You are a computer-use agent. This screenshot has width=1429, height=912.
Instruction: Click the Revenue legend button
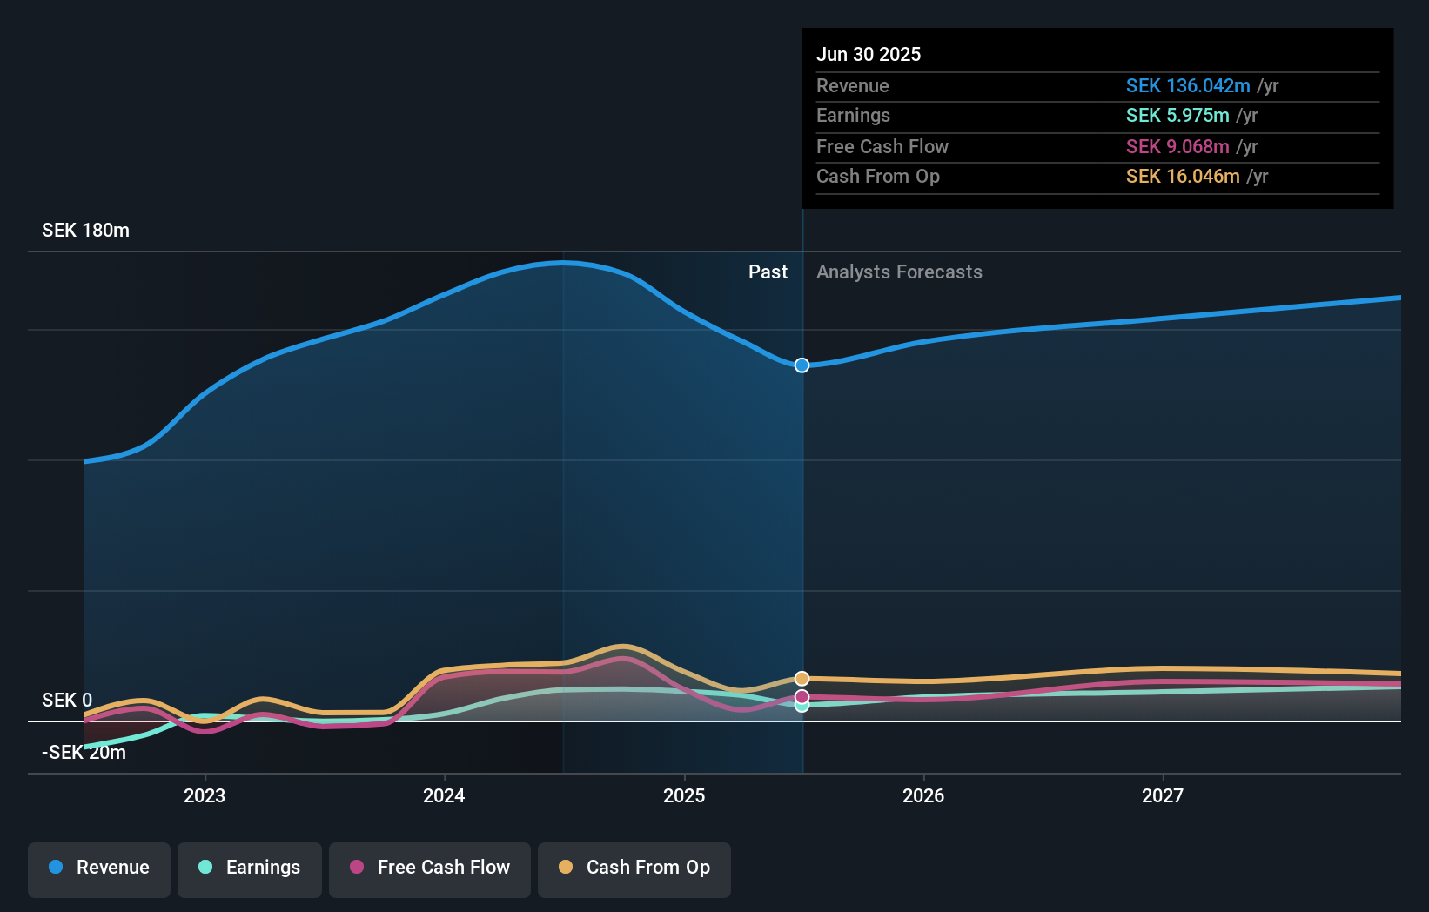point(99,868)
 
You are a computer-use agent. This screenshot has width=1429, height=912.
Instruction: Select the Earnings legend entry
point(250,868)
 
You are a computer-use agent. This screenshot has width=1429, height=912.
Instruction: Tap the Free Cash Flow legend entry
point(430,868)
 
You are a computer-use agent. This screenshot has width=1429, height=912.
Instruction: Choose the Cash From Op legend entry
point(634,868)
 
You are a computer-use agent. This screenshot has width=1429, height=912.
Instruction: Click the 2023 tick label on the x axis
point(205,795)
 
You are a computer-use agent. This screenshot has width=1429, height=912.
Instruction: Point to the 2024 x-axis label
point(444,795)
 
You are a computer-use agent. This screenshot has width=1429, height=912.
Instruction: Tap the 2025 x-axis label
point(684,795)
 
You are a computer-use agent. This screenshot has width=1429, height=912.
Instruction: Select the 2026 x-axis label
point(923,795)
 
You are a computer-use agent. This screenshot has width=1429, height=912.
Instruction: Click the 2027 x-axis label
point(1163,795)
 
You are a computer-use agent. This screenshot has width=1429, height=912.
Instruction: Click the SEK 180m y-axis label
point(85,231)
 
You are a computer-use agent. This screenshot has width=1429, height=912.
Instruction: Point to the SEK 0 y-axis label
point(67,701)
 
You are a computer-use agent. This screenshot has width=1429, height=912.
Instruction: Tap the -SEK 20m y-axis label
point(84,753)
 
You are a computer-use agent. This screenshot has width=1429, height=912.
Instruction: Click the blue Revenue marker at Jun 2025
point(802,365)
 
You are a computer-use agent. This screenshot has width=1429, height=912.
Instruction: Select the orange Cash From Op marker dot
point(802,678)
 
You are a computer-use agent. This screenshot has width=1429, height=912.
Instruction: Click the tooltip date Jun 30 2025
point(868,54)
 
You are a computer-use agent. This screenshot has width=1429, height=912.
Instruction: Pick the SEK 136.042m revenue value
point(1187,85)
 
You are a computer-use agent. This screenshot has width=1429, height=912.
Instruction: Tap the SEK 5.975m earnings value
point(1177,116)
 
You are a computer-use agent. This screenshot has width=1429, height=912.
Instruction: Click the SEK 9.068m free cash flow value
point(1177,146)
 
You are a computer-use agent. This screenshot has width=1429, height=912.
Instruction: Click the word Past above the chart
point(768,272)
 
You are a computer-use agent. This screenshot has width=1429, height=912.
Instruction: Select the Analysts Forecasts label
point(899,272)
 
